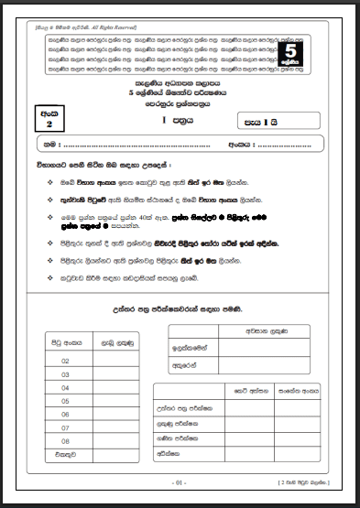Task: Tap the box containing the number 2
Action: [49, 119]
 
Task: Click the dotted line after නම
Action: [137, 146]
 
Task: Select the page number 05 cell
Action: [65, 400]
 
